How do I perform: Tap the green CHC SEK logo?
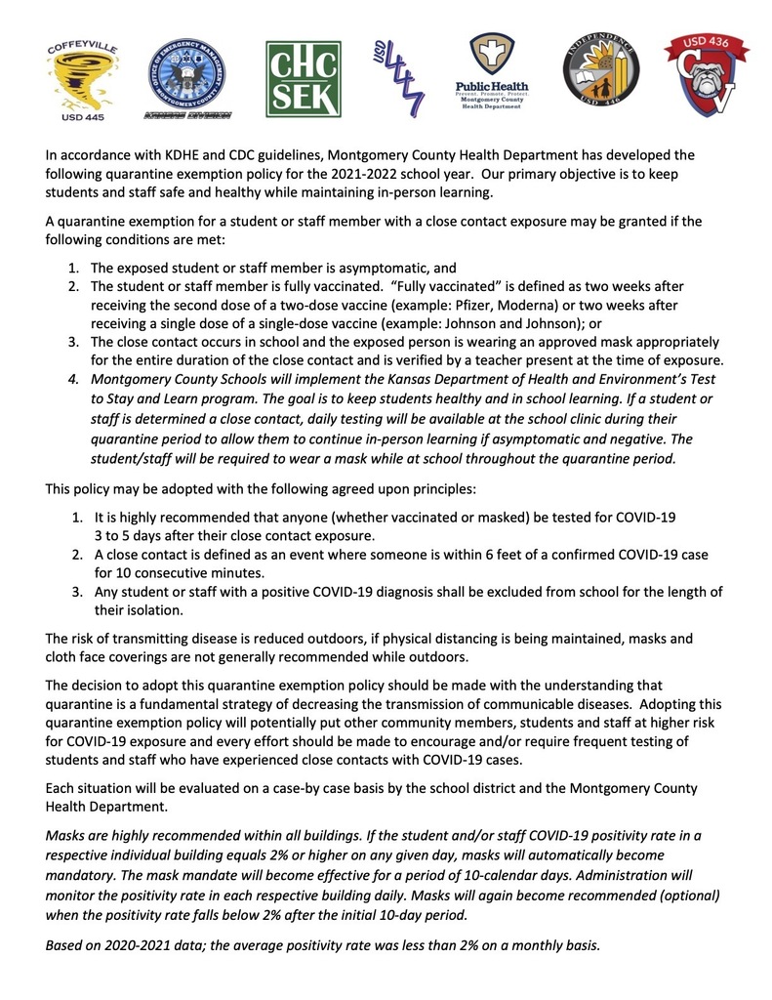click(304, 79)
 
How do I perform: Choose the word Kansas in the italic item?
click(411, 376)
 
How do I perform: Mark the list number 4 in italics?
click(75, 376)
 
